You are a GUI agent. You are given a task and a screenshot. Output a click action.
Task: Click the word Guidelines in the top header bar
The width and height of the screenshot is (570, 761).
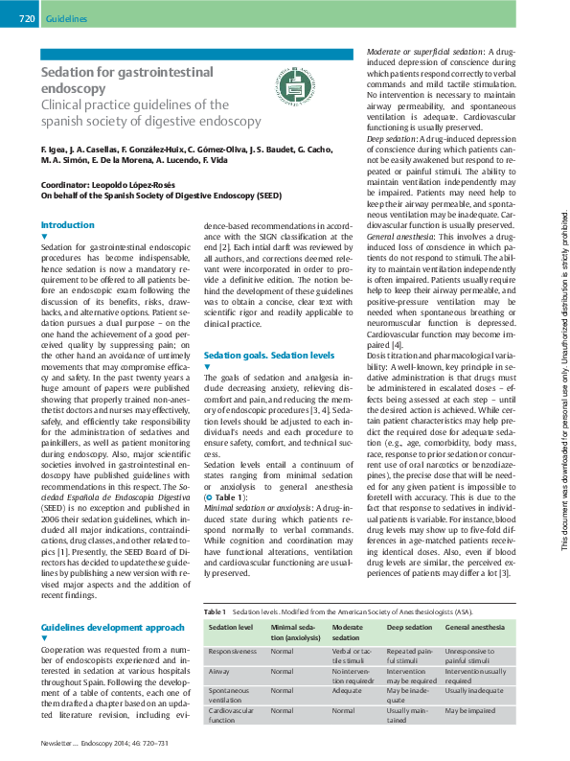(66, 18)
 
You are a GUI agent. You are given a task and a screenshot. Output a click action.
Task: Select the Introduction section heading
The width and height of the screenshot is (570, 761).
(67, 225)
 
